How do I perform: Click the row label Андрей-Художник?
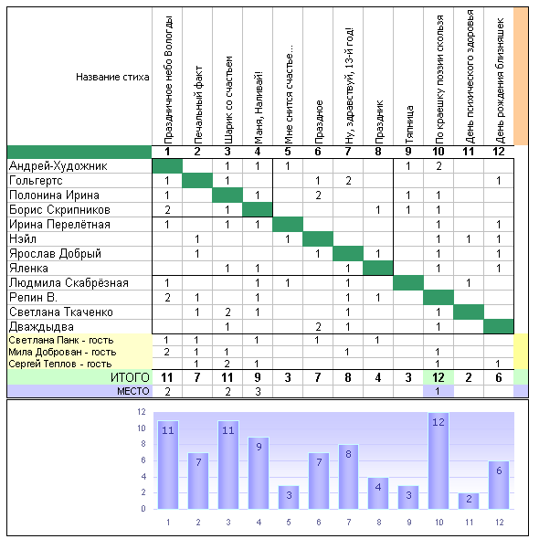[x=58, y=166]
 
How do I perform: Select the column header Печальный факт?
[x=197, y=105]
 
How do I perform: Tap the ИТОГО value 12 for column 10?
[x=439, y=377]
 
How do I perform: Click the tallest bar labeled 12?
[x=439, y=460]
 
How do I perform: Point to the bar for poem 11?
[x=469, y=501]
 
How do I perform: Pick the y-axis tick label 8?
[x=143, y=444]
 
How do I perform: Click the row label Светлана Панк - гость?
[x=61, y=340]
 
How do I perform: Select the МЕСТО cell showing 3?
[x=258, y=391]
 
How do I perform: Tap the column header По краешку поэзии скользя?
[x=439, y=79]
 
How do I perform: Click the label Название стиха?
[x=112, y=77]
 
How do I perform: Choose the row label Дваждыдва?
[x=41, y=326]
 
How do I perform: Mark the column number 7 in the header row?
[x=348, y=152]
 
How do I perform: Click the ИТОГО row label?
[x=130, y=377]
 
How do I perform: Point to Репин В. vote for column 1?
[x=167, y=297]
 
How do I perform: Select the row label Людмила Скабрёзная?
[x=69, y=282]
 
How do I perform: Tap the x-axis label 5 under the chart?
[x=288, y=523]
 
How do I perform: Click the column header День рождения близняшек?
[x=500, y=80]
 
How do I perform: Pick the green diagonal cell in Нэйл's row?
[x=318, y=239]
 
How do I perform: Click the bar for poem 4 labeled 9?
[x=259, y=473]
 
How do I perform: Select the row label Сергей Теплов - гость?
[x=60, y=364]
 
